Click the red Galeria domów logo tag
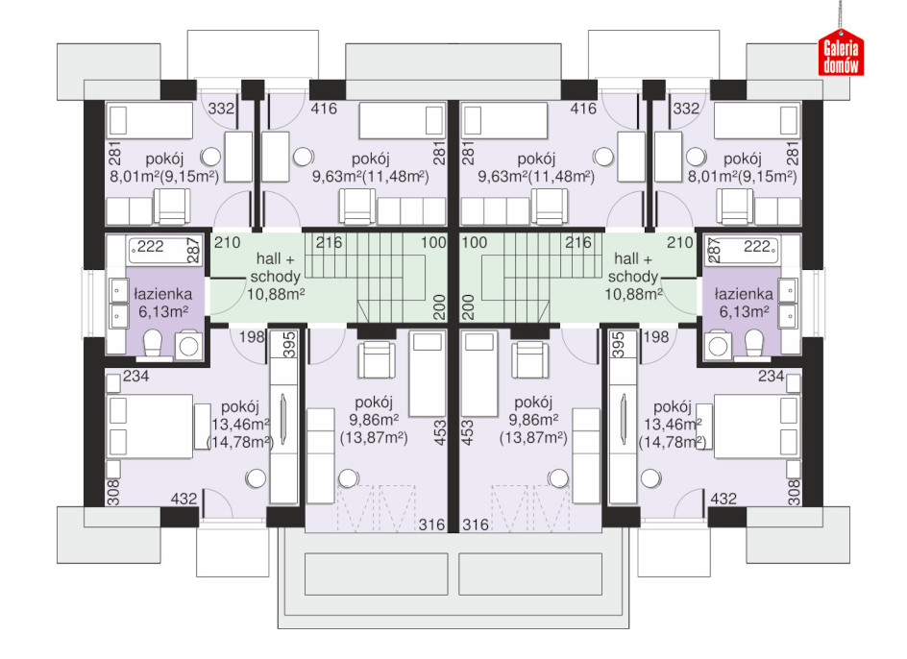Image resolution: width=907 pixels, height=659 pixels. (841, 53)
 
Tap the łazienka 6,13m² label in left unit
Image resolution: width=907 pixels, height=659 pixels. (163, 304)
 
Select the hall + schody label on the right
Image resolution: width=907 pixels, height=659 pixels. (633, 277)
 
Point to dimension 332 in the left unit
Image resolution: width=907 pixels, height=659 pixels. (221, 109)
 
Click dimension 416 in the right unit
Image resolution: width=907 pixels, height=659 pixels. (583, 109)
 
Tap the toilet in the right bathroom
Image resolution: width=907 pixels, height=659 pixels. (753, 343)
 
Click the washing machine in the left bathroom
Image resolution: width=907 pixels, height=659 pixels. (188, 346)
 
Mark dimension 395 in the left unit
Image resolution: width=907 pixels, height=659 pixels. (290, 345)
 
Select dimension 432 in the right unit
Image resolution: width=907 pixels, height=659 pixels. (723, 499)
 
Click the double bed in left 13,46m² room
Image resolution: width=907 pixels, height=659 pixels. (150, 427)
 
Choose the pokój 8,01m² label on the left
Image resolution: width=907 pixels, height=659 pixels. (164, 167)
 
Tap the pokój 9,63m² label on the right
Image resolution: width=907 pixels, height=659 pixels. (536, 167)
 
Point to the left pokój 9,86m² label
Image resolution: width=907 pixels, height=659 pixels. (374, 420)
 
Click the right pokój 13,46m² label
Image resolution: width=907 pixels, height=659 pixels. (673, 425)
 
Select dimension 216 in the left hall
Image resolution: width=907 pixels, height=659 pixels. (330, 242)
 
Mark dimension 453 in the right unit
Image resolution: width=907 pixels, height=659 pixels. (468, 433)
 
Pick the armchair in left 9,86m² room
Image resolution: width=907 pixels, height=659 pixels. (377, 359)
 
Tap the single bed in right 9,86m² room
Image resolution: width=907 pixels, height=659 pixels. (479, 373)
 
